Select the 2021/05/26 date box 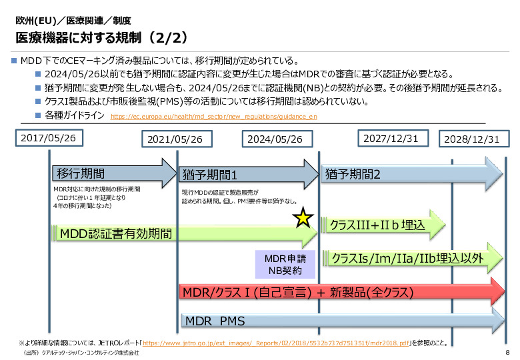tap(177, 139)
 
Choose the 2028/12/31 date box tap(471, 139)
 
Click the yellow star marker tap(303, 217)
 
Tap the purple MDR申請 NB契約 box tap(283, 265)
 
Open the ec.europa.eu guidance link tap(213, 116)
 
